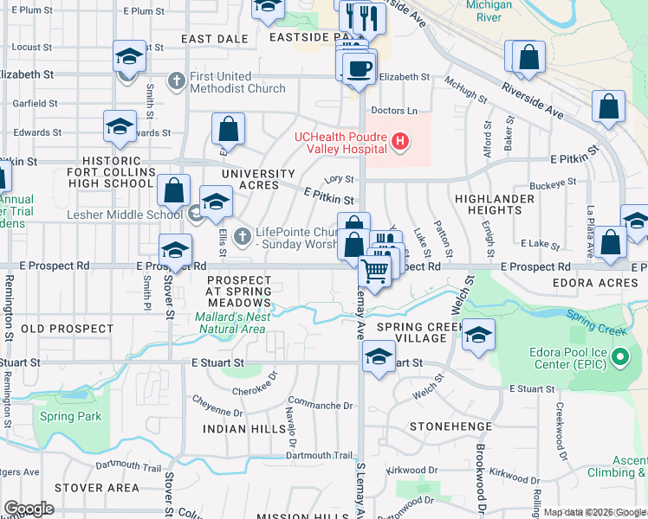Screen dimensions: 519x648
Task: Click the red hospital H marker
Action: (399, 141)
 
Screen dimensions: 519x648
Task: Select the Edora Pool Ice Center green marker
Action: (620, 356)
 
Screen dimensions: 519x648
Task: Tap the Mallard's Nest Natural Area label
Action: (230, 323)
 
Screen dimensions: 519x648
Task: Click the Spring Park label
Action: (70, 416)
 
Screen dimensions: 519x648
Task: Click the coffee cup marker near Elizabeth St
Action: (359, 68)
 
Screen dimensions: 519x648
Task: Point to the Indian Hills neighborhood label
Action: (244, 429)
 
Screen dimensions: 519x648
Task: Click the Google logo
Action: (29, 509)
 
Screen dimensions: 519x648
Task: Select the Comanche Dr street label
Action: (321, 405)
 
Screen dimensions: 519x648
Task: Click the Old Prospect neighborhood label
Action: (67, 329)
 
